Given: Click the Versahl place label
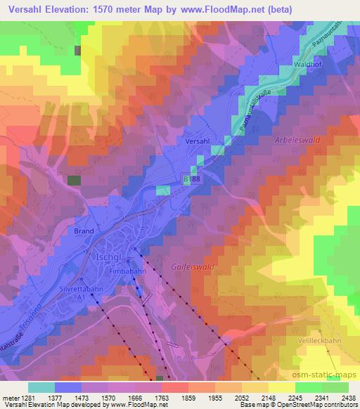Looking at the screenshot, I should coord(198,141).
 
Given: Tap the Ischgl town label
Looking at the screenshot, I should coord(107,257).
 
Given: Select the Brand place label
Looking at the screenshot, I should coord(84,230).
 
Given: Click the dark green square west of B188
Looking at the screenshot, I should coord(74,180).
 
